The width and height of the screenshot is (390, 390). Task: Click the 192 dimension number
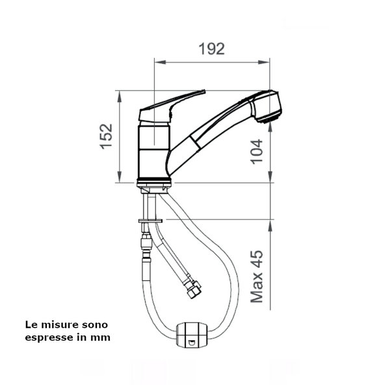212,49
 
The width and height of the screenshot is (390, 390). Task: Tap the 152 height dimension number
106,136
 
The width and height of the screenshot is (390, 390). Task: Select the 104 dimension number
256,151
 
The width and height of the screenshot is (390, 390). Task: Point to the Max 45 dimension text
257,276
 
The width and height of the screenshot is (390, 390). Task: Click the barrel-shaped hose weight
191,335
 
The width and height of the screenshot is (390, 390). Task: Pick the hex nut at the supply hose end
194,291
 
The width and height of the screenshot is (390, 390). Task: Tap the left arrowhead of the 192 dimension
160,62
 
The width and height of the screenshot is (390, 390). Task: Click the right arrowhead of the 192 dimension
264,62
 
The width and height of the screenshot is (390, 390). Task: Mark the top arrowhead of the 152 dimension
120,96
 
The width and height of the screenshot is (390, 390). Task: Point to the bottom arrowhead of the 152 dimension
120,177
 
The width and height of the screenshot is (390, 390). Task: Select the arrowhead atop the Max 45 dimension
270,226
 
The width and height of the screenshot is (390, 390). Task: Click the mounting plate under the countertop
151,221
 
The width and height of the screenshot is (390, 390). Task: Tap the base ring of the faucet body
154,183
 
